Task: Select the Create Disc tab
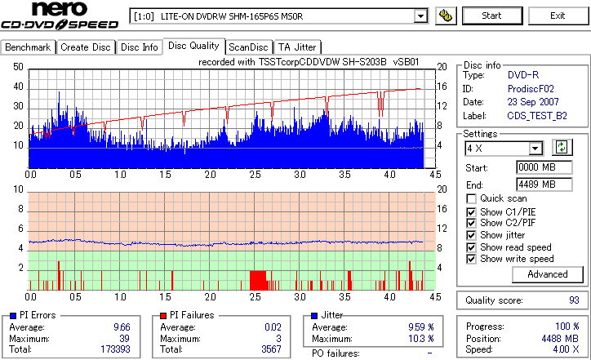click(x=85, y=47)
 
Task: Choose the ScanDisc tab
click(x=248, y=47)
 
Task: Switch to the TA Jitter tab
click(x=297, y=47)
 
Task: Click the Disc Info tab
click(x=140, y=47)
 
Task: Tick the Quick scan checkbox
click(x=472, y=199)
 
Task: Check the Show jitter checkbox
click(x=472, y=235)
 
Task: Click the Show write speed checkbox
click(x=472, y=260)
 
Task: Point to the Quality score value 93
click(x=573, y=300)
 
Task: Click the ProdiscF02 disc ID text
click(x=531, y=88)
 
